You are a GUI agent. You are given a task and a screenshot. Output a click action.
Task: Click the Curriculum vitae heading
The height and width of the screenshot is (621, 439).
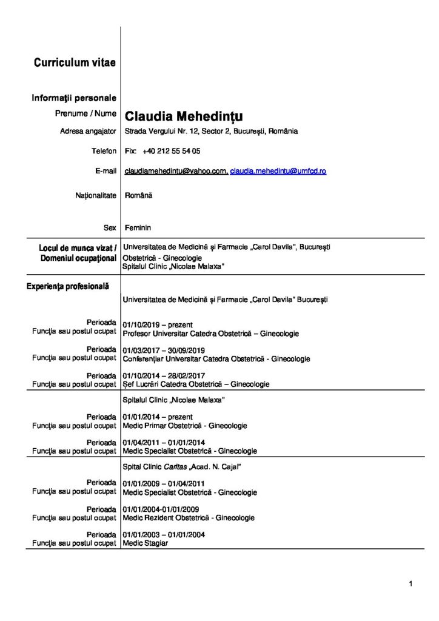click(x=75, y=62)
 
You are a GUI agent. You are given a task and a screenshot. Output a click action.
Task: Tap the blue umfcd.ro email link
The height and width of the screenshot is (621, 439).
click(x=278, y=172)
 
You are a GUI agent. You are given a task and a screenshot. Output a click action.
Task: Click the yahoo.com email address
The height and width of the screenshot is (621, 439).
click(x=175, y=172)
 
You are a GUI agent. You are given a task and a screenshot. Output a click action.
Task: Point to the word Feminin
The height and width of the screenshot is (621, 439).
click(x=138, y=227)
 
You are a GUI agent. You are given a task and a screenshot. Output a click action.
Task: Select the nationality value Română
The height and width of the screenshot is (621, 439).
click(x=138, y=196)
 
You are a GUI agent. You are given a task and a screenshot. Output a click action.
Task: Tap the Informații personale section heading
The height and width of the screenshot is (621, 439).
click(x=74, y=98)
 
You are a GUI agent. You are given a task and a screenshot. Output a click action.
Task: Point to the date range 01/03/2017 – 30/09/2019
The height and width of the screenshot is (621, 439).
click(x=164, y=350)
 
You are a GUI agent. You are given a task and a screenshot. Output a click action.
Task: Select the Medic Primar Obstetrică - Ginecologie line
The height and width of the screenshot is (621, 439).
click(x=184, y=426)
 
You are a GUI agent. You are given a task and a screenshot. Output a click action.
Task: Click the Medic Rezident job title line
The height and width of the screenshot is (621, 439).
click(x=188, y=518)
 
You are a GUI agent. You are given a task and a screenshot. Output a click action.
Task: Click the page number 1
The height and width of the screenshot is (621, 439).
click(x=411, y=584)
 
